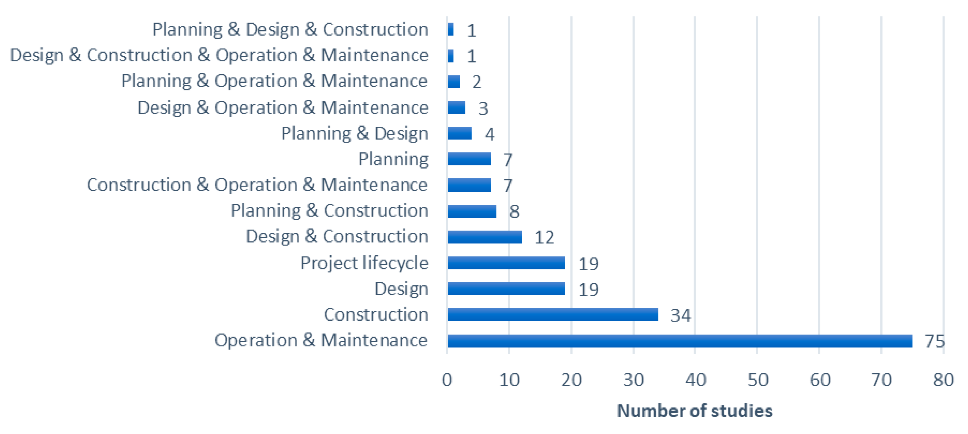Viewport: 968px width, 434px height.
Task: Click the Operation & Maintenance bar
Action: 679,341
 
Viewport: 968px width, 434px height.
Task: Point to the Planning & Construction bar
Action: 472,211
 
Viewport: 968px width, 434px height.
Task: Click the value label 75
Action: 934,341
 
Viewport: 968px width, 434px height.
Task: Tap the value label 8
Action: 514,211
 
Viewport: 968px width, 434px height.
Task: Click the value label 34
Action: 680,315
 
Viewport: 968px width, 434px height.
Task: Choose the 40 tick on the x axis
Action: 696,380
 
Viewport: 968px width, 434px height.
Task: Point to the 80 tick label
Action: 943,380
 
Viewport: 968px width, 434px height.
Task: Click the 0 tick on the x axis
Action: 447,380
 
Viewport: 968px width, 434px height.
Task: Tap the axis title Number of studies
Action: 694,411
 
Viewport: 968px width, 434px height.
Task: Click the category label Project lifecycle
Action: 364,263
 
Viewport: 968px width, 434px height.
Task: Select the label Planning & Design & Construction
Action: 290,29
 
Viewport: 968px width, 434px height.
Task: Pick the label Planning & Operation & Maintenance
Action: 274,81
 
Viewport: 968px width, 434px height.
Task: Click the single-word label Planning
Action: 393,159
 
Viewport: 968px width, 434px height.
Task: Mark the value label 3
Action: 483,108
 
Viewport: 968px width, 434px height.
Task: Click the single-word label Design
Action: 401,289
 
